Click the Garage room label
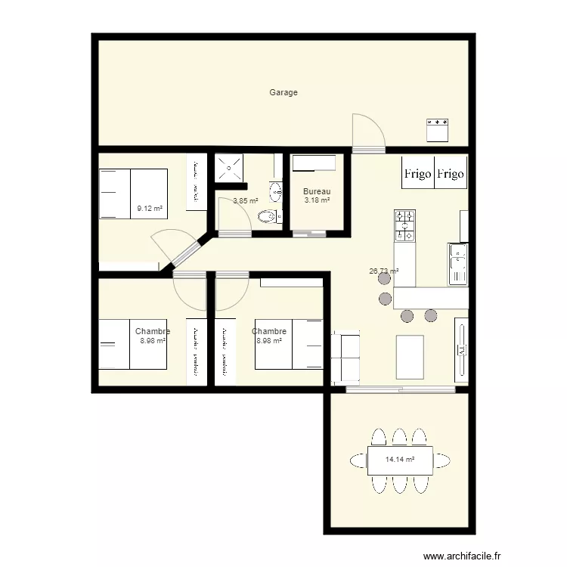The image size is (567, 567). [x=283, y=92]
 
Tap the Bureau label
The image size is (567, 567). [x=317, y=191]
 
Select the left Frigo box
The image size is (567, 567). [x=417, y=174]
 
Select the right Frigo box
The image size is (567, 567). [x=451, y=174]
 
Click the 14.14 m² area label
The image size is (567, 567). [x=400, y=459]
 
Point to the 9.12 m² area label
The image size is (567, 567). [x=150, y=208]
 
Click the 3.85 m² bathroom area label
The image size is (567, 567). [x=245, y=201]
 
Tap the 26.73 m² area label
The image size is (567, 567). [x=383, y=270]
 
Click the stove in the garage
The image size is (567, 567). [x=438, y=130]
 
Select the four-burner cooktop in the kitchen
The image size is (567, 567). [x=405, y=225]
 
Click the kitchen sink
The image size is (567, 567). [x=458, y=264]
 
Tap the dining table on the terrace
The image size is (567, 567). [x=400, y=460]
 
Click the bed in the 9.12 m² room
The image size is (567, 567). [x=133, y=194]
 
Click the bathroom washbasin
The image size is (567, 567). [x=277, y=188]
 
